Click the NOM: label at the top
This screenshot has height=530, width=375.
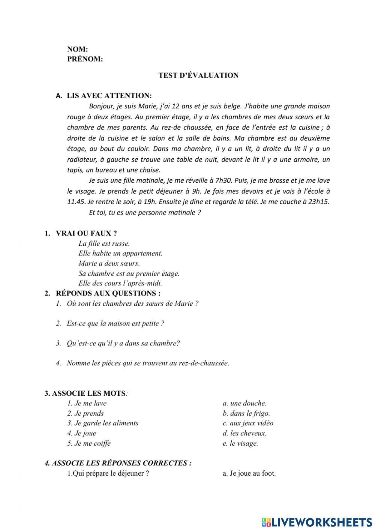coord(77,49)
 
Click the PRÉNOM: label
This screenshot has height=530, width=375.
coord(85,59)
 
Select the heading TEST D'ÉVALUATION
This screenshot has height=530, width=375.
coord(198,75)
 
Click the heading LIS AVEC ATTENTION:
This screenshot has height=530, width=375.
coord(109,96)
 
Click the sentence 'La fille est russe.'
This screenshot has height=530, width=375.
coord(104,243)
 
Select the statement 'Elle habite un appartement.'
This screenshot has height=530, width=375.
coord(120,253)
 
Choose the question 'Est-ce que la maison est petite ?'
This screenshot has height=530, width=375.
coord(115,323)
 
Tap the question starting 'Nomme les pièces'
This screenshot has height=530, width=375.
coord(147,363)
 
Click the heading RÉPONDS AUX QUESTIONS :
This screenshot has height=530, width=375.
coord(108,293)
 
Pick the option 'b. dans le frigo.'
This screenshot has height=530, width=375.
coord(246,413)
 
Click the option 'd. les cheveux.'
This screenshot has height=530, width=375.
coord(244,433)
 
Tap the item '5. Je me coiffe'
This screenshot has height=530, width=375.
coord(89,443)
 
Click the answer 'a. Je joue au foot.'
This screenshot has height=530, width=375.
coord(249,473)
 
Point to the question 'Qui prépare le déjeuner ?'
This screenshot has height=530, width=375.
coord(108,473)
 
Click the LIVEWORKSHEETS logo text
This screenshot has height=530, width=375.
coord(321,522)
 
